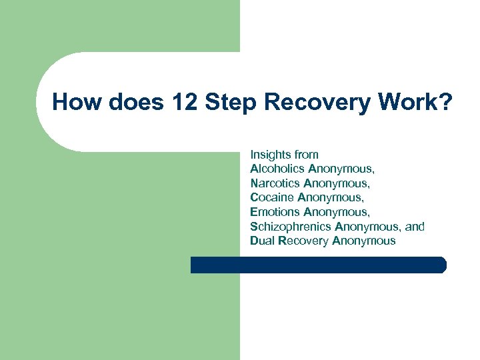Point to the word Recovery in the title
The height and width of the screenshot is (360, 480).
click(307, 103)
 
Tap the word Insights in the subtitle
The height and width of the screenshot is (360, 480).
click(269, 155)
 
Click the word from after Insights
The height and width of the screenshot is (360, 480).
click(305, 155)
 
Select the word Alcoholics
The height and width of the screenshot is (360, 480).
click(277, 169)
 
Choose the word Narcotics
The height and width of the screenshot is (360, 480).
click(275, 183)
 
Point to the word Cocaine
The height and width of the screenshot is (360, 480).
click(272, 197)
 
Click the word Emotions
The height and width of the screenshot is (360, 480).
click(275, 212)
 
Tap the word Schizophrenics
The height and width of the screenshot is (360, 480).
click(288, 227)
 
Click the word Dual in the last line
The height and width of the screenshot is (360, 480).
click(263, 241)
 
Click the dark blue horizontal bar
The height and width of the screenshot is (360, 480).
click(319, 265)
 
